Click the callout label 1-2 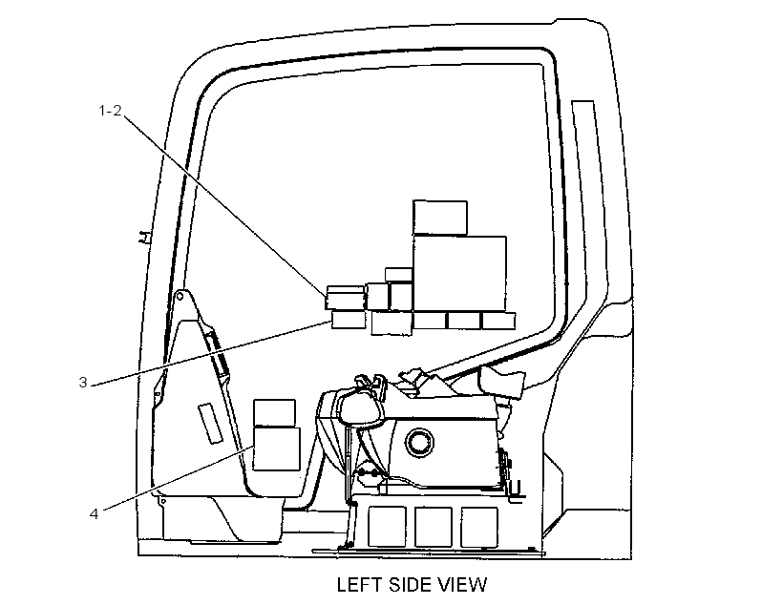pyautogui.click(x=110, y=111)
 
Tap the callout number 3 pyautogui.click(x=83, y=383)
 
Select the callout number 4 pyautogui.click(x=94, y=513)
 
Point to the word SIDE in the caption pyautogui.click(x=407, y=585)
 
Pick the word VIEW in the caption pyautogui.click(x=461, y=585)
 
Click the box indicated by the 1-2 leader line pyautogui.click(x=345, y=298)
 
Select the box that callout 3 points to pyautogui.click(x=349, y=320)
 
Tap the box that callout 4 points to pyautogui.click(x=277, y=449)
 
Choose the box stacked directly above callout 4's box pyautogui.click(x=274, y=413)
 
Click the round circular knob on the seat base pyautogui.click(x=419, y=442)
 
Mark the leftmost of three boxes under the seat pyautogui.click(x=387, y=527)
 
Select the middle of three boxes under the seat pyautogui.click(x=433, y=527)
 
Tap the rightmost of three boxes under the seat pyautogui.click(x=479, y=527)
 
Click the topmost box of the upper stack pyautogui.click(x=440, y=218)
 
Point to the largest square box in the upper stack pyautogui.click(x=459, y=275)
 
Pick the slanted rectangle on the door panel pyautogui.click(x=210, y=424)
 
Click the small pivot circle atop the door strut pyautogui.click(x=180, y=297)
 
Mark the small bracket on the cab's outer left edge pyautogui.click(x=144, y=237)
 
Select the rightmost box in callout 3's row pyautogui.click(x=498, y=321)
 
